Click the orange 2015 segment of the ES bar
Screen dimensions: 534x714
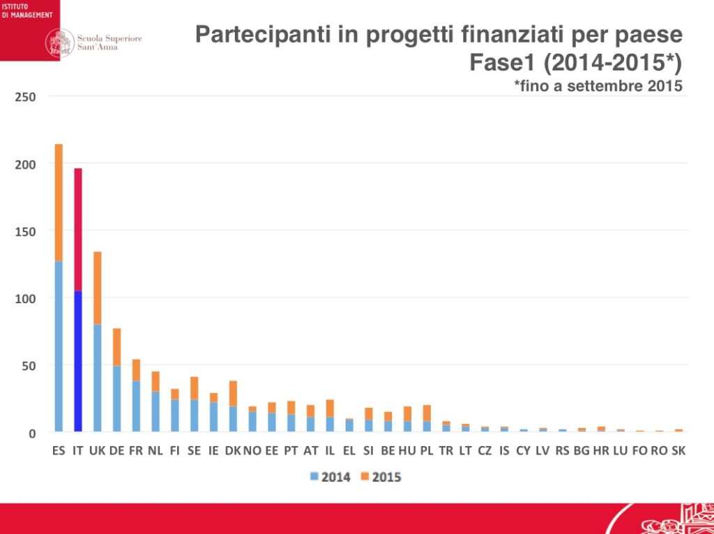[x=59, y=202]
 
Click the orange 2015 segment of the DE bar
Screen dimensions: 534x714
[x=117, y=346]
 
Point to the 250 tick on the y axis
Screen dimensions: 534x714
[x=26, y=96]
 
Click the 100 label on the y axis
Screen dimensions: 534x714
[x=26, y=298]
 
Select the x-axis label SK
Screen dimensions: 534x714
[x=678, y=451]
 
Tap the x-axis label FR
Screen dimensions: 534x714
[x=136, y=451]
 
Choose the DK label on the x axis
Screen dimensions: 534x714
[x=233, y=451]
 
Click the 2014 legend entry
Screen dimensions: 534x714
[x=330, y=478]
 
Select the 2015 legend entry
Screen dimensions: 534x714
[x=381, y=478]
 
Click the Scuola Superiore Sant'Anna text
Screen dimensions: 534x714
[x=109, y=43]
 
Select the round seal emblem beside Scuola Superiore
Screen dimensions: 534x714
[x=60, y=43]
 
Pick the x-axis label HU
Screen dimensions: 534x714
[x=407, y=451]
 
